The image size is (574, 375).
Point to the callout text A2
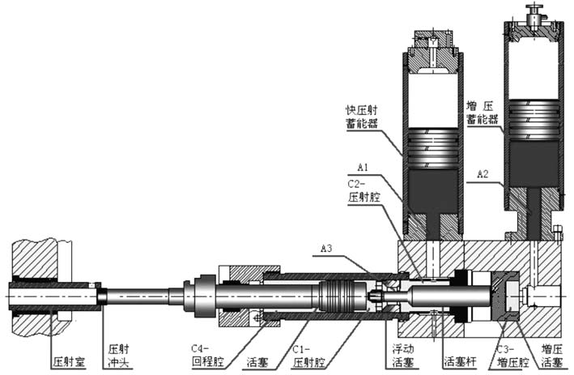(x=483, y=174)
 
